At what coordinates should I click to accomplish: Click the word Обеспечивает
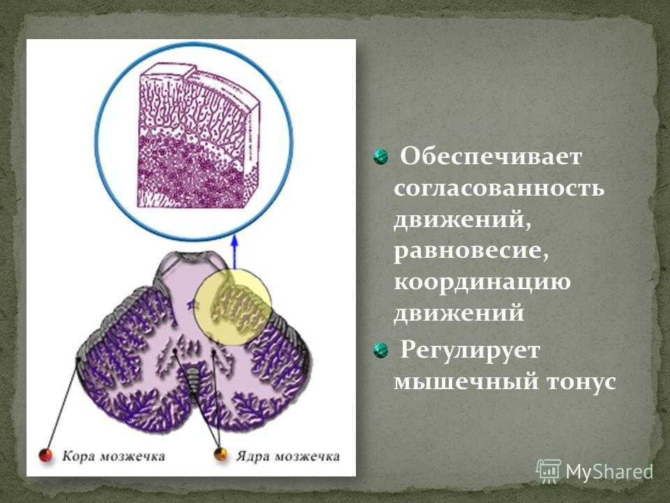pos(491,156)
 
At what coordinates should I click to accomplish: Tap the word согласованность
pos(499,188)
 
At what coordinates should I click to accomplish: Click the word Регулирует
pos(470,351)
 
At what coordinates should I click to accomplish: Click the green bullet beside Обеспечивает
pos(380,156)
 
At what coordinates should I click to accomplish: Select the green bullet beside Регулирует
pos(380,350)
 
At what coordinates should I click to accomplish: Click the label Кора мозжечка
pos(113,456)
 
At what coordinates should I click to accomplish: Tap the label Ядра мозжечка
pos(287,456)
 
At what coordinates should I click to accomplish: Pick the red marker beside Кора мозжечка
pos(46,455)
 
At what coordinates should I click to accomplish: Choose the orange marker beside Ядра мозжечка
pos(221,454)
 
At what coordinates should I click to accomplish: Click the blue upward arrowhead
pos(234,240)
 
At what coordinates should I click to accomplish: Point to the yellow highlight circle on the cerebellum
pos(234,306)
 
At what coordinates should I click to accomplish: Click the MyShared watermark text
pos(610,472)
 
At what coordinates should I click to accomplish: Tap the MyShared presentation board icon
pos(549,472)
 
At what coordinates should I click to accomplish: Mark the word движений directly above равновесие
pos(463,220)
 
